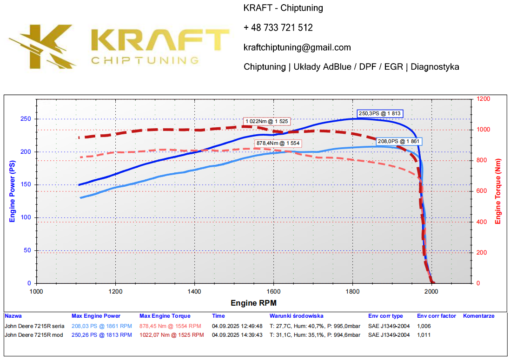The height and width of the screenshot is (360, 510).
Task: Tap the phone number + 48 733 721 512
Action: click(278, 28)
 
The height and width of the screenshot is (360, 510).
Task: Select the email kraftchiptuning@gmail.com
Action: click(297, 47)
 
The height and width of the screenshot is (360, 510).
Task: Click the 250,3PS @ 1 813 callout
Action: click(380, 113)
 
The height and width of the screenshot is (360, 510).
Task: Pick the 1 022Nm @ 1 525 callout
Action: click(267, 121)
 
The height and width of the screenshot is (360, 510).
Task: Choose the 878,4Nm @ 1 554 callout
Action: click(278, 144)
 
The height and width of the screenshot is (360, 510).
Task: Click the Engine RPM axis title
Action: click(253, 303)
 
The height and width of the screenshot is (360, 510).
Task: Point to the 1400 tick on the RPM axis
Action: click(194, 292)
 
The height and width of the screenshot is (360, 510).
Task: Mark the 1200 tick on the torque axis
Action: click(484, 99)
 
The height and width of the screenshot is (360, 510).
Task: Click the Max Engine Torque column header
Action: click(165, 316)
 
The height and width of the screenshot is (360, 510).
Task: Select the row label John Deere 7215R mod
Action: click(33, 335)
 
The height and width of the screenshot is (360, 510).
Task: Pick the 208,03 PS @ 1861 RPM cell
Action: click(101, 326)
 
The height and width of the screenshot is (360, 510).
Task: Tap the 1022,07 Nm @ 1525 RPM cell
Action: click(172, 335)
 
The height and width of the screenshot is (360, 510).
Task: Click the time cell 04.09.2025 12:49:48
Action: click(237, 326)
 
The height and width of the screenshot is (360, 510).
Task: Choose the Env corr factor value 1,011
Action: click(424, 335)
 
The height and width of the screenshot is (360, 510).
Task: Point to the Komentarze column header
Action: click(478, 316)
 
